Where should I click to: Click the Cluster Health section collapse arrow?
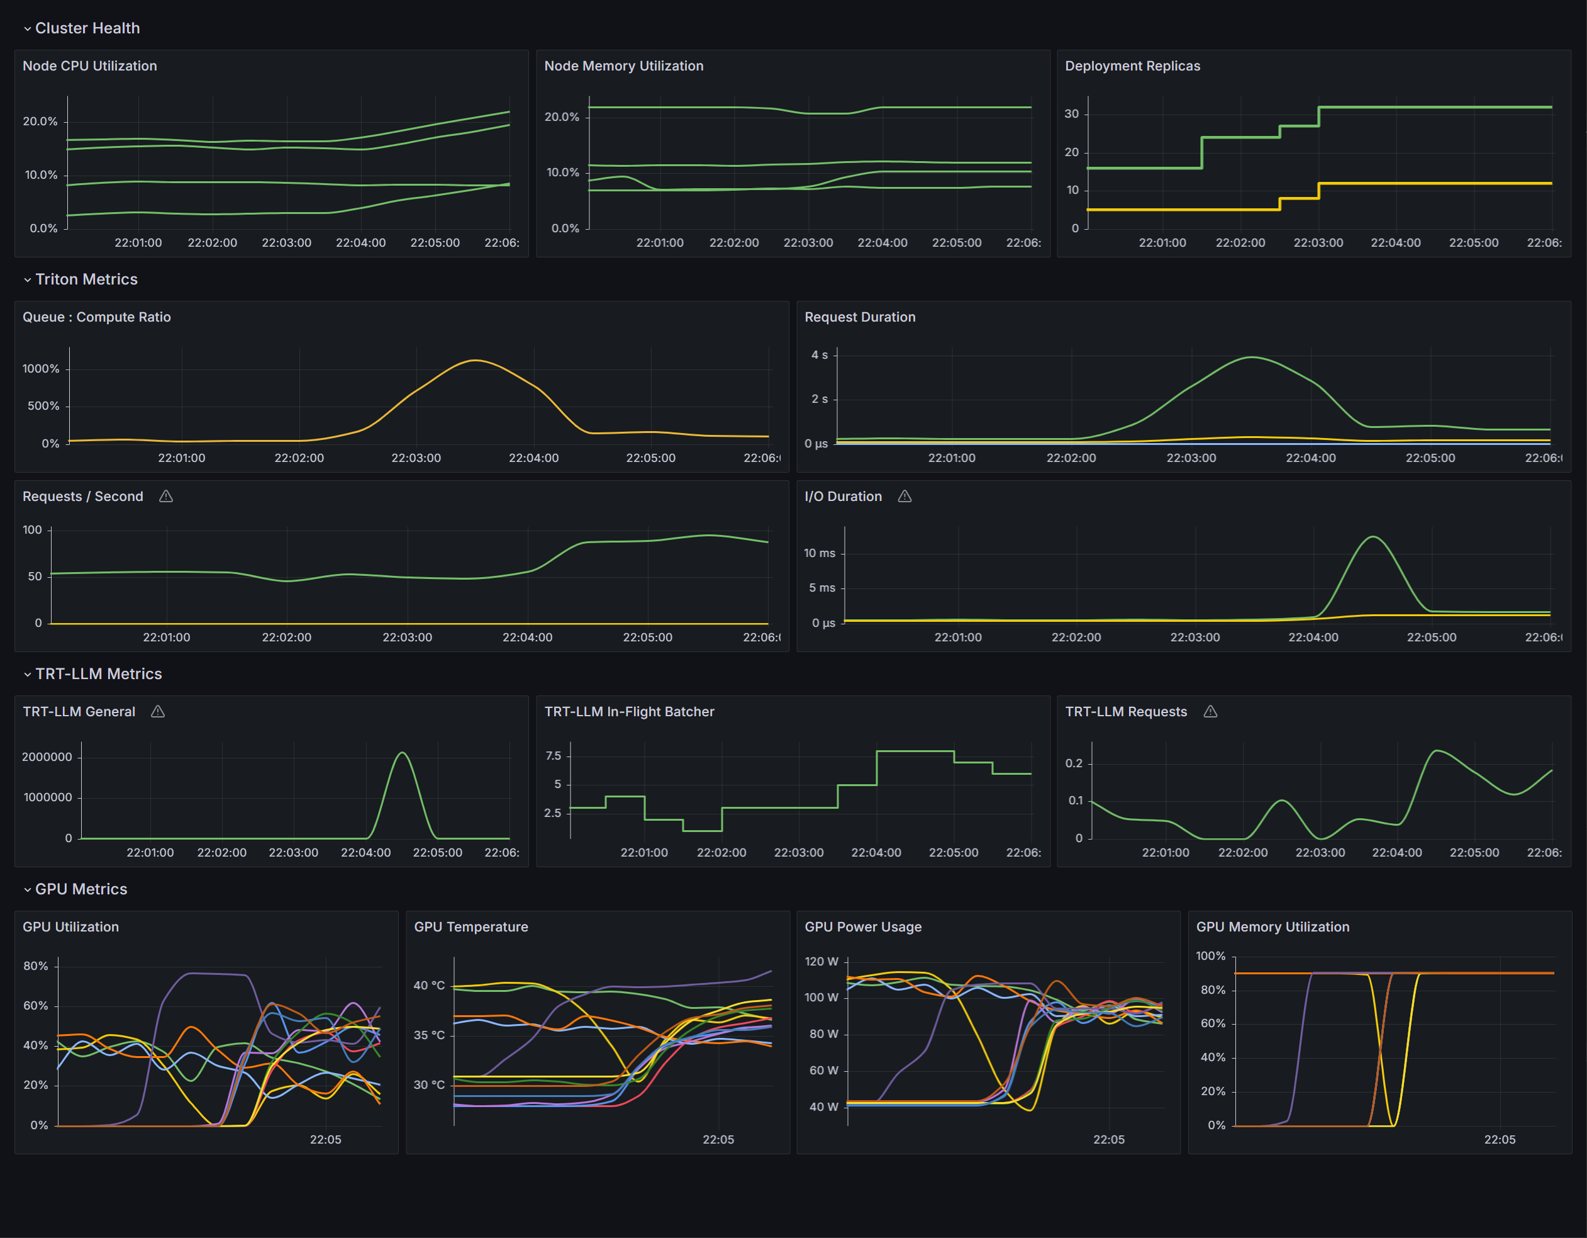(x=28, y=29)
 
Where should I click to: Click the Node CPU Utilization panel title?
(x=89, y=66)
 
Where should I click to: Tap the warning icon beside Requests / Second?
(x=165, y=497)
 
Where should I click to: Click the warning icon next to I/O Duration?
(x=905, y=497)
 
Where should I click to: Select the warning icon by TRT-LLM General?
(x=158, y=712)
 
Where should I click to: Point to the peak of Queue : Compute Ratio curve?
(x=474, y=361)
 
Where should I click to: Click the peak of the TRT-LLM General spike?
(x=403, y=753)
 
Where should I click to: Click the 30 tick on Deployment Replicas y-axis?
(x=1071, y=114)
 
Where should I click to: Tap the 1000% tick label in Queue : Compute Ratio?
(x=41, y=369)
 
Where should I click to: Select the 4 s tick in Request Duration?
(x=819, y=356)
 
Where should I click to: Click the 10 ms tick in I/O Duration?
(x=819, y=553)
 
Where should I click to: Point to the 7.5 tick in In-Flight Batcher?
(x=553, y=756)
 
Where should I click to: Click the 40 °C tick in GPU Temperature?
(x=429, y=986)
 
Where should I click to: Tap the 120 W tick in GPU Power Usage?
(x=821, y=962)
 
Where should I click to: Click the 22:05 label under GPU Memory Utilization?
(x=1499, y=1140)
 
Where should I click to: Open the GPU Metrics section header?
(x=81, y=889)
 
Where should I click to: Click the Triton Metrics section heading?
(x=86, y=279)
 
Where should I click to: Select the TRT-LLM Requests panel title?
(x=1125, y=712)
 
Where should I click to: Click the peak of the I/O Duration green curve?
(x=1373, y=537)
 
